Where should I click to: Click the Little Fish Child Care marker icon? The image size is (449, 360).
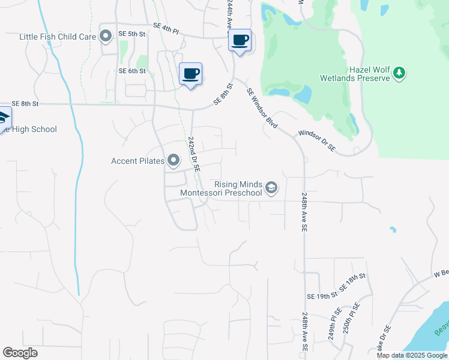pyautogui.click(x=106, y=37)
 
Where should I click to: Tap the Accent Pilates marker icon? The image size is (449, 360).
pyautogui.click(x=173, y=160)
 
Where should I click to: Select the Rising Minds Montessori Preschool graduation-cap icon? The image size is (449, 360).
pyautogui.click(x=271, y=188)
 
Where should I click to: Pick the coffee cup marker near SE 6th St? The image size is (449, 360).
pyautogui.click(x=191, y=74)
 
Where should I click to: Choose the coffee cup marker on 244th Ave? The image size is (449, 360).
pyautogui.click(x=240, y=40)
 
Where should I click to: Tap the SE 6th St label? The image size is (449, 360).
pyautogui.click(x=133, y=71)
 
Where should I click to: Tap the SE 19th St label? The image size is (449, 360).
pyautogui.click(x=322, y=296)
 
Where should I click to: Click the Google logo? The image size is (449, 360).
pyautogui.click(x=20, y=352)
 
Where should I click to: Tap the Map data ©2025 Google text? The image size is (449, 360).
pyautogui.click(x=412, y=355)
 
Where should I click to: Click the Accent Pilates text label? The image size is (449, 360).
pyautogui.click(x=137, y=161)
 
